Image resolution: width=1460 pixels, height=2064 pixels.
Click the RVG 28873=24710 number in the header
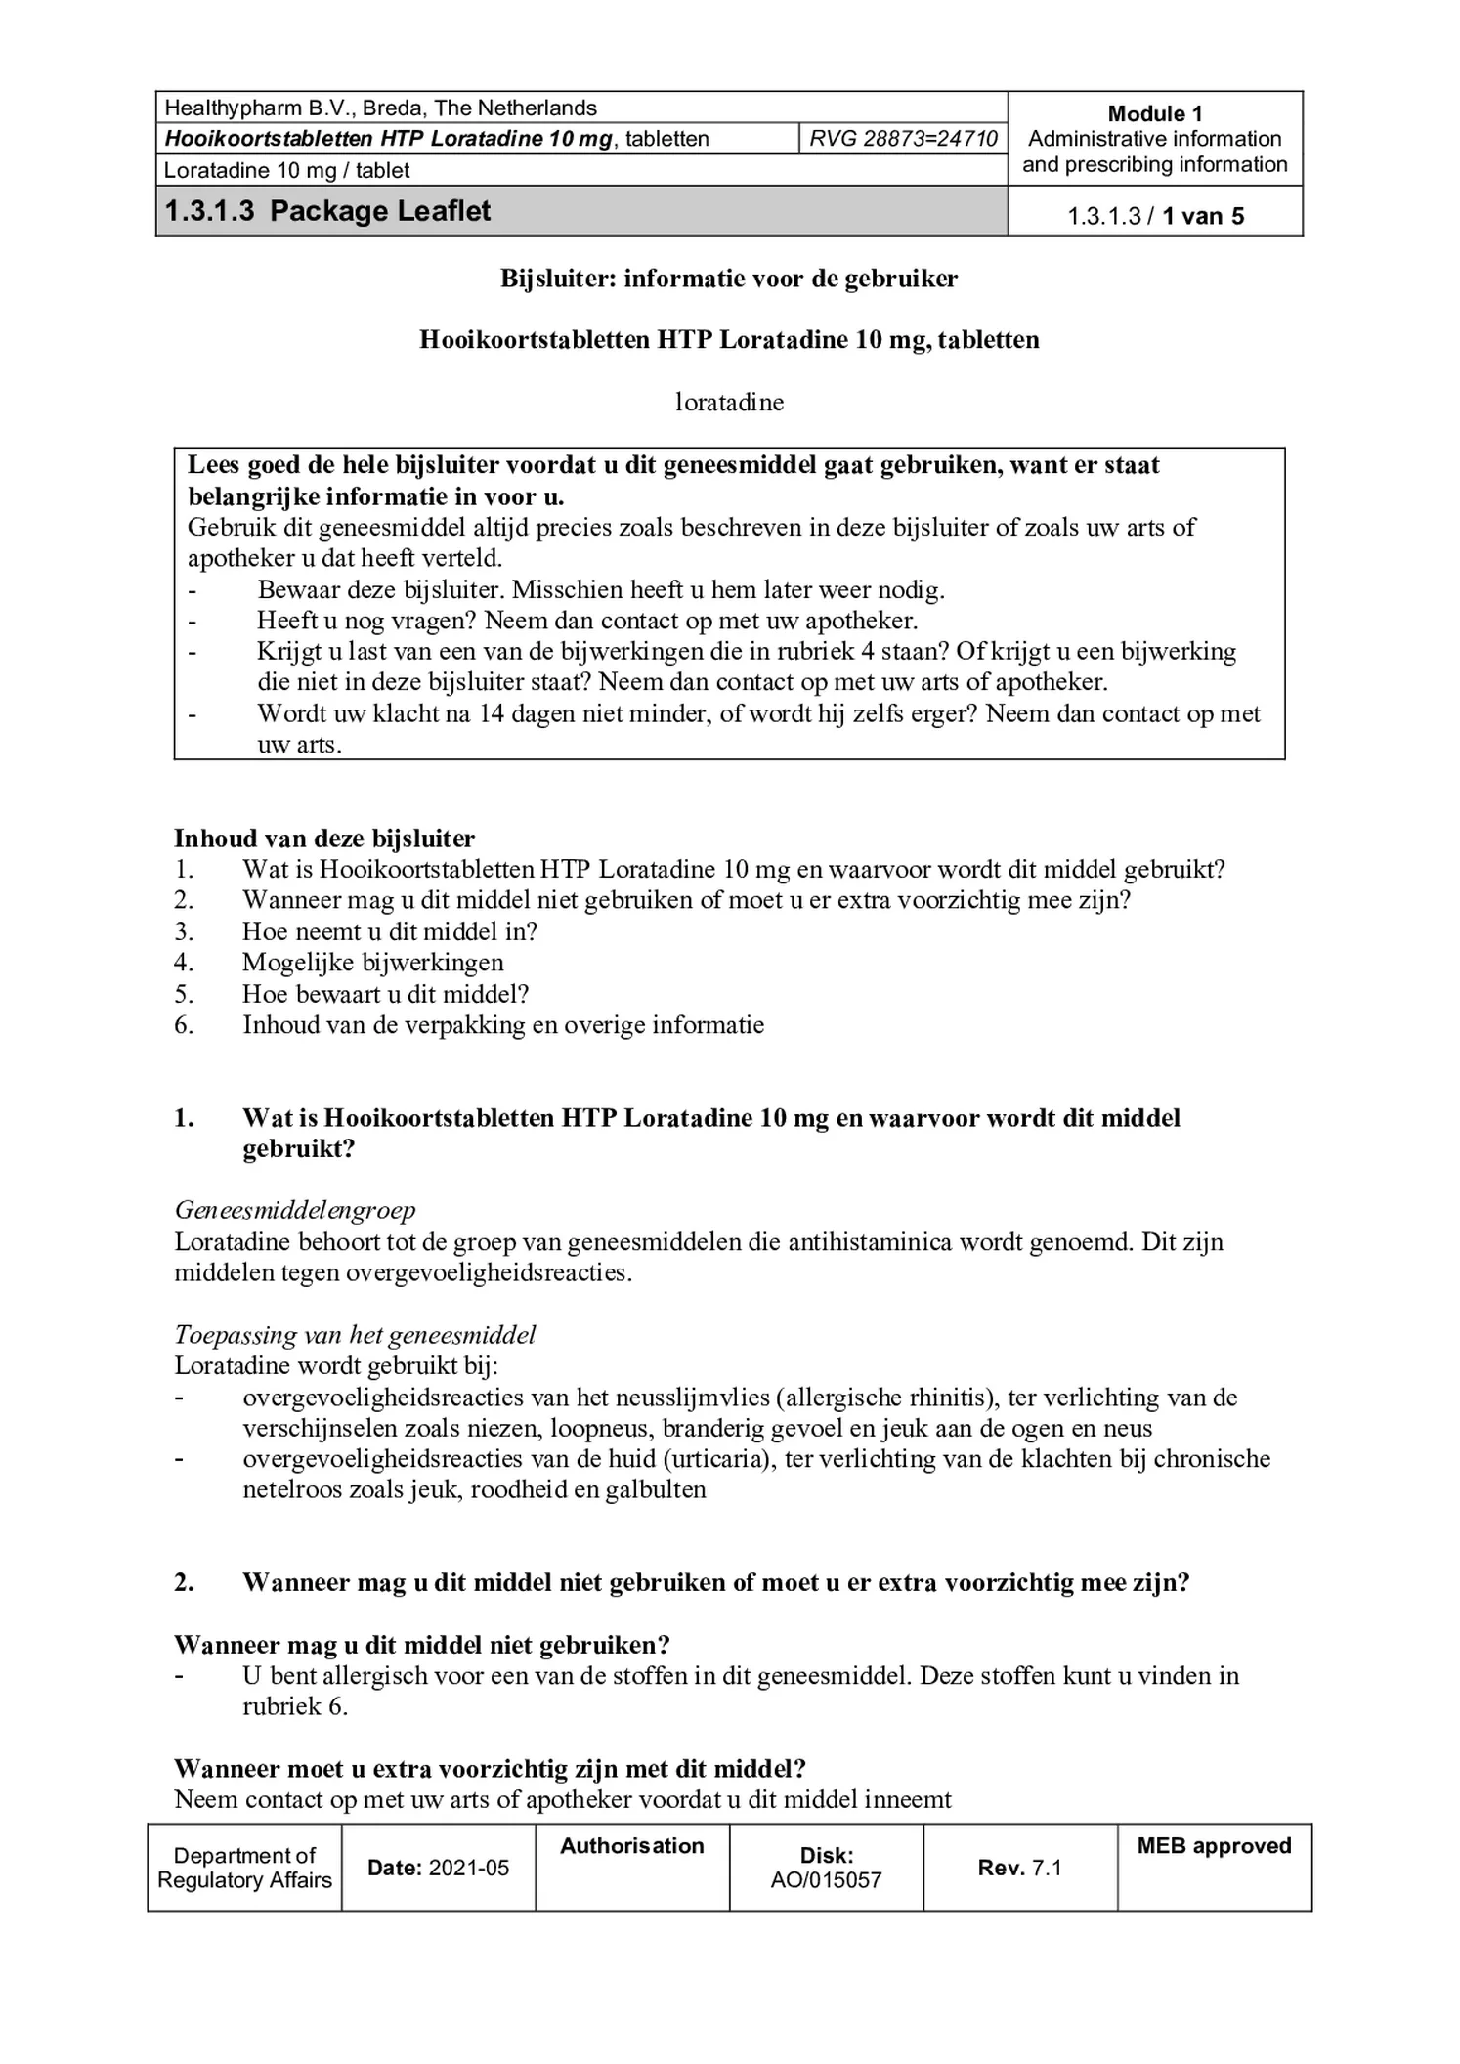click(903, 139)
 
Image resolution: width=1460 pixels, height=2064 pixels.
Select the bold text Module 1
click(1154, 113)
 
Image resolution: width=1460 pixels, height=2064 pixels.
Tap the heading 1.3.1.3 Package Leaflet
click(327, 211)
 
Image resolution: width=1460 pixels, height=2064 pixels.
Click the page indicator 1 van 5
click(1202, 216)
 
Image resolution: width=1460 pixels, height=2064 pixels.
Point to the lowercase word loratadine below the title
click(729, 402)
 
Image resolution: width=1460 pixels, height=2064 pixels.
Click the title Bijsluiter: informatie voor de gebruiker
click(729, 279)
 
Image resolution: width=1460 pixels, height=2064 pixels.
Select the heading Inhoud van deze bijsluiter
click(324, 838)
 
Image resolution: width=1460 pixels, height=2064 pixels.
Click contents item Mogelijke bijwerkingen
click(373, 963)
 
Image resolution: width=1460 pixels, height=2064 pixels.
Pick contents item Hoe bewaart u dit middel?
click(385, 994)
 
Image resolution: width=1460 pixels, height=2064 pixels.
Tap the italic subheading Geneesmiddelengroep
click(295, 1210)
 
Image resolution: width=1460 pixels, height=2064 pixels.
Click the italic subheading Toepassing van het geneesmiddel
click(355, 1335)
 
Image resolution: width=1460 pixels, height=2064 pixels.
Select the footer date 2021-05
click(469, 1868)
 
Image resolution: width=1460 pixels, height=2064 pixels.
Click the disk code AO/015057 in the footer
click(826, 1879)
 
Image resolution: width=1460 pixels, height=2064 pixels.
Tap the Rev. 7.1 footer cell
click(1019, 1868)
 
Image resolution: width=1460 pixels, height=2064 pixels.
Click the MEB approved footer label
click(1214, 1845)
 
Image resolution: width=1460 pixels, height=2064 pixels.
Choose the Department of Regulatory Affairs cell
click(244, 1868)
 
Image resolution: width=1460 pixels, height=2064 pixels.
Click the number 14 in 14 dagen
click(491, 713)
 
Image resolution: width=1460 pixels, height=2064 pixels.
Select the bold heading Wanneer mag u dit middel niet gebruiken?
click(421, 1645)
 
